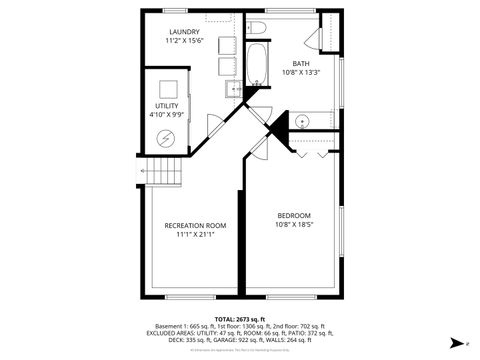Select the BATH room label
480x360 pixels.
click(301, 63)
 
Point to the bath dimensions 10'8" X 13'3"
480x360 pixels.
click(301, 72)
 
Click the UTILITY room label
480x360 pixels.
click(166, 106)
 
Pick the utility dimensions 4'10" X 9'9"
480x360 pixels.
click(166, 115)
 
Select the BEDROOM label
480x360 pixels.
click(293, 216)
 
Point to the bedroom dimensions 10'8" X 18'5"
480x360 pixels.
click(293, 226)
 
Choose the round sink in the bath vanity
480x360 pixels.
click(301, 120)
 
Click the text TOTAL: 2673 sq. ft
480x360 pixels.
click(241, 318)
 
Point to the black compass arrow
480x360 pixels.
click(455, 342)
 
